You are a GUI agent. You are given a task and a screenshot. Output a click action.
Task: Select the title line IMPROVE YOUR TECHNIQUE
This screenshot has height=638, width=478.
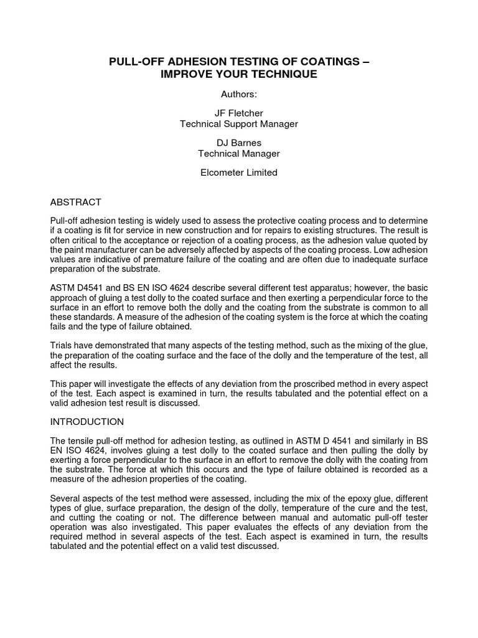pyautogui.click(x=239, y=74)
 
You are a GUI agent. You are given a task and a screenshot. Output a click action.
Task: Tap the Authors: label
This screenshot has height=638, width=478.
pyautogui.click(x=239, y=94)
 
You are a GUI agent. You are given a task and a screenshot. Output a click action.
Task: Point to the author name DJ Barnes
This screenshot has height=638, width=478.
pyautogui.click(x=239, y=143)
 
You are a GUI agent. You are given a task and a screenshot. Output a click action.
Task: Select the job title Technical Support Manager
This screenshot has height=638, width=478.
pyautogui.click(x=239, y=124)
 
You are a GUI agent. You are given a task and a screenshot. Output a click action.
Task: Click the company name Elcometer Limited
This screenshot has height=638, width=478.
pyautogui.click(x=239, y=173)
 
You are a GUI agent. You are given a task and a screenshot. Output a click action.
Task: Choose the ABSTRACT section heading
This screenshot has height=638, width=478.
pyautogui.click(x=75, y=202)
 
